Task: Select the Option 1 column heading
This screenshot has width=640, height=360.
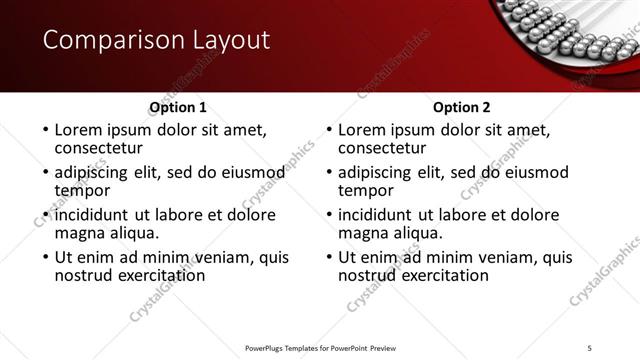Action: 178,107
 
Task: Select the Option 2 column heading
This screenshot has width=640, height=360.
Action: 461,107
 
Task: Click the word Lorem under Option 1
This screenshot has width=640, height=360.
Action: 80,130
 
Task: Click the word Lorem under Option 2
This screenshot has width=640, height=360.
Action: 363,130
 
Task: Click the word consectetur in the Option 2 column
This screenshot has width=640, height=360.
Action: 383,148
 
